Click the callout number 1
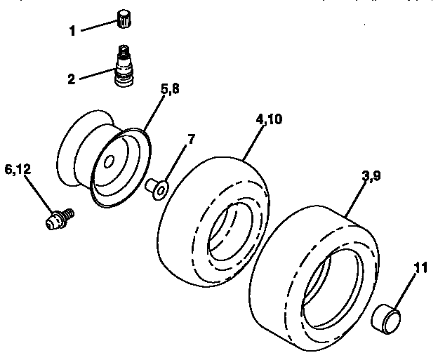pos(72,31)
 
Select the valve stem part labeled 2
pos(124,67)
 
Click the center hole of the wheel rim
pos(109,162)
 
